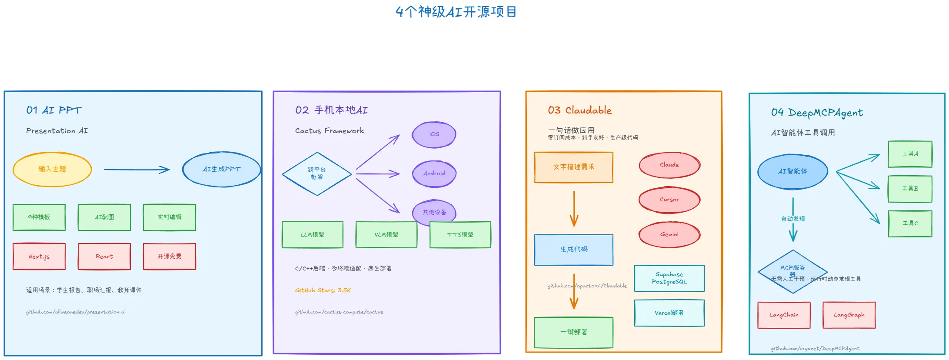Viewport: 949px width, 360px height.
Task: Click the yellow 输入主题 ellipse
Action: (52, 169)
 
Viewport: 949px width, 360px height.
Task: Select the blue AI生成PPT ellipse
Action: (221, 169)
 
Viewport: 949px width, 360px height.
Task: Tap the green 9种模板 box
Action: (39, 217)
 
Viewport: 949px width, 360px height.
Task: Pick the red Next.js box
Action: (39, 257)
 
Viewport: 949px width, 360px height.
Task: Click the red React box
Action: (104, 257)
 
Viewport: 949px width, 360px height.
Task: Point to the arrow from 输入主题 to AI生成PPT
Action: (137, 170)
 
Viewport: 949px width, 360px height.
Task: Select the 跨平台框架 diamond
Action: (317, 173)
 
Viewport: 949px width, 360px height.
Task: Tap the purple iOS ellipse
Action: (434, 134)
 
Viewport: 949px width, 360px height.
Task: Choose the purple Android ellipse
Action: (434, 173)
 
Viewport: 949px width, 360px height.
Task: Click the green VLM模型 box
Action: (386, 235)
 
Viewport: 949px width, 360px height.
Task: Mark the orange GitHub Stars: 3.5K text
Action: (323, 290)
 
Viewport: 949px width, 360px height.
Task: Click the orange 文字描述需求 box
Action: (573, 167)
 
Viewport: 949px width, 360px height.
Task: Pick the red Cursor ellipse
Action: (669, 200)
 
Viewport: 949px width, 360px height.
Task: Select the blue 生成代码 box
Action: (573, 250)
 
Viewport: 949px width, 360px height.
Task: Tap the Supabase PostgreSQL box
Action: (669, 278)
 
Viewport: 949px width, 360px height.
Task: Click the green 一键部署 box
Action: (573, 332)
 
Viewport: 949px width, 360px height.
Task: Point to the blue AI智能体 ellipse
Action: (792, 171)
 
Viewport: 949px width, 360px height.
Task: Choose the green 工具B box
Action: (910, 189)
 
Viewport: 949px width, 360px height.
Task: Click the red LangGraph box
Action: (849, 315)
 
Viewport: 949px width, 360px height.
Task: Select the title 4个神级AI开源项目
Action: (456, 12)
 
